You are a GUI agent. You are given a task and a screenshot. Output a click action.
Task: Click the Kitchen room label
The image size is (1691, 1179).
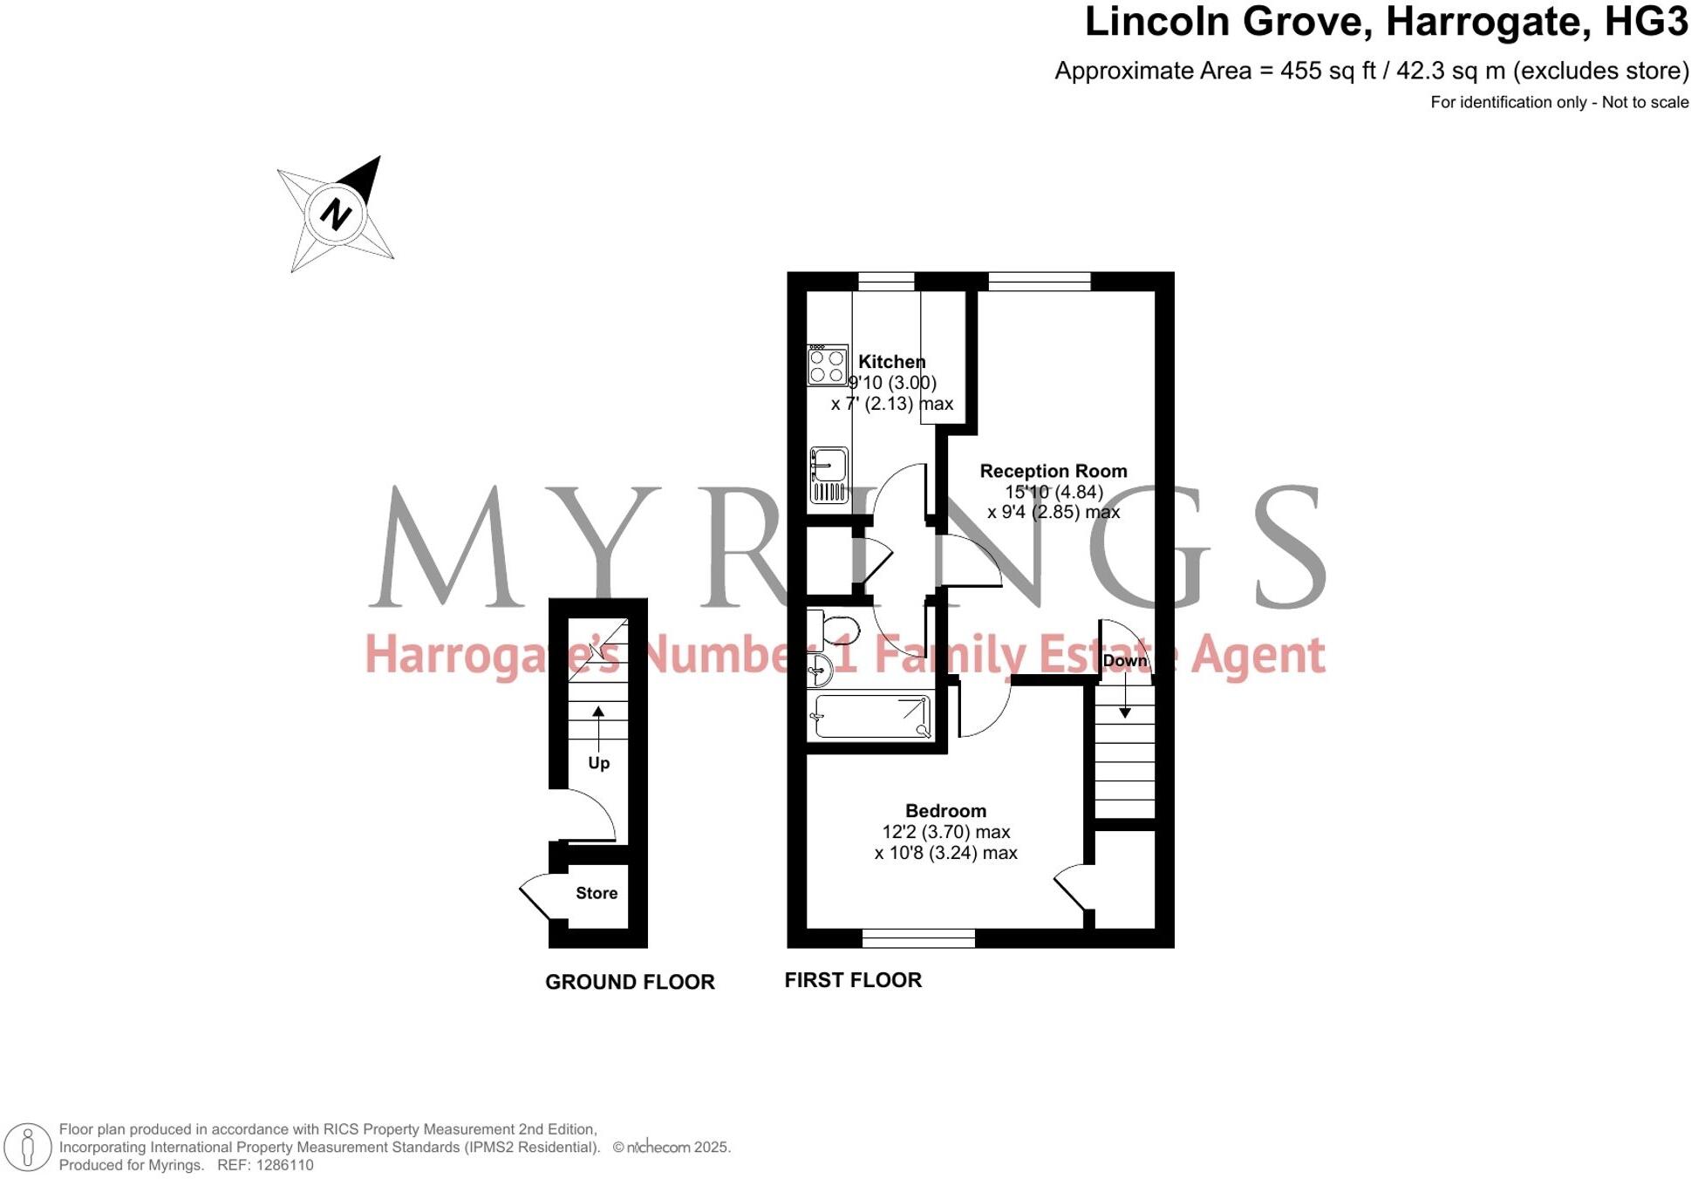tap(891, 361)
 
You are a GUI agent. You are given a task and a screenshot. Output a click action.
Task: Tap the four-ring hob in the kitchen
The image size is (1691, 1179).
tap(827, 365)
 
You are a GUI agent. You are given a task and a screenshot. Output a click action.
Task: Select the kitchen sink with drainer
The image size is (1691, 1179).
tap(828, 475)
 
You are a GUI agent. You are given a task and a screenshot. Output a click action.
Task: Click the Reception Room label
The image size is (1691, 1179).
tap(1053, 471)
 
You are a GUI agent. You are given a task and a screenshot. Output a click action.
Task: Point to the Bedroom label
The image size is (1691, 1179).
tap(945, 810)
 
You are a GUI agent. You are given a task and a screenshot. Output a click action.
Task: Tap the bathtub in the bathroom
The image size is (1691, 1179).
tap(870, 716)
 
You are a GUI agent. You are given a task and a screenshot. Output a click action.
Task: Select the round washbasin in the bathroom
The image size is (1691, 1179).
tap(820, 670)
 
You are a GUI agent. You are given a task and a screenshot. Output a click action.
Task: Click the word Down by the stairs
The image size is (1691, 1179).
tap(1124, 660)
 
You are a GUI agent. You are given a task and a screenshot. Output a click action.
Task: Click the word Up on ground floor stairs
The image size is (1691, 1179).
tap(598, 762)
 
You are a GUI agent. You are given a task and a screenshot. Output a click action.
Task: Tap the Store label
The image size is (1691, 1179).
tap(597, 892)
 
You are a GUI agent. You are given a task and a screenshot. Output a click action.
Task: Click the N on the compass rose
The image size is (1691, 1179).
tap(335, 214)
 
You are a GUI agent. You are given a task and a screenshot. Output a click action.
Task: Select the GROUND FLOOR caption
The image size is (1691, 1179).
tap(629, 981)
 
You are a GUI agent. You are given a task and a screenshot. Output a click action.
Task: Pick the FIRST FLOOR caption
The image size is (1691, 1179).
tap(852, 979)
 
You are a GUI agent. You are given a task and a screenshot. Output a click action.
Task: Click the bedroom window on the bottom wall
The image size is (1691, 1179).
tap(917, 938)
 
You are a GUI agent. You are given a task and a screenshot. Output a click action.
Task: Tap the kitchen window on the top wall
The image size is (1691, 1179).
tap(886, 281)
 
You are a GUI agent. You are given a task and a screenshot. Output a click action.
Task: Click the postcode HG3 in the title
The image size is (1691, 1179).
tap(1646, 22)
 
